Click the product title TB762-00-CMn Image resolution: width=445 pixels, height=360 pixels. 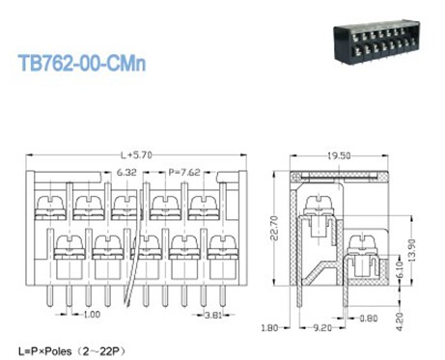point(82,63)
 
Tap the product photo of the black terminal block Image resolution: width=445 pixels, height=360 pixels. point(377,41)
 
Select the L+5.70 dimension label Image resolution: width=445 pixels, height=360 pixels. point(136,155)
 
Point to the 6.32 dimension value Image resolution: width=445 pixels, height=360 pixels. point(126,173)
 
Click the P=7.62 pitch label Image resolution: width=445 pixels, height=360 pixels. point(184,173)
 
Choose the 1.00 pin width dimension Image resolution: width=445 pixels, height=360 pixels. point(92,315)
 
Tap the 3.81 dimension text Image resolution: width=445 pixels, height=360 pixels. point(213,315)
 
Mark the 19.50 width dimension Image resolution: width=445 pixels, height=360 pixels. point(339,156)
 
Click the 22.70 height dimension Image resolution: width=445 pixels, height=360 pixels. point(274,228)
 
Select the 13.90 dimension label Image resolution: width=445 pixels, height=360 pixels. point(412,250)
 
